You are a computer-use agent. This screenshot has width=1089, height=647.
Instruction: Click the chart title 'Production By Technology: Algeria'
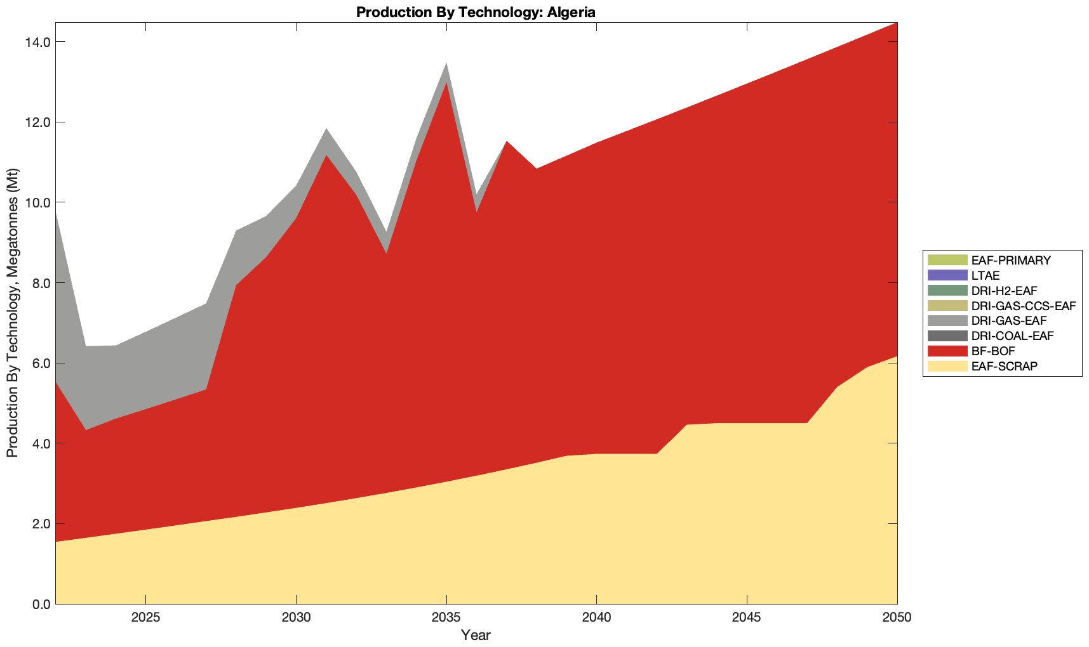(x=476, y=12)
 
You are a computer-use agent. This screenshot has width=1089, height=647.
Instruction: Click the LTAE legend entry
(x=985, y=276)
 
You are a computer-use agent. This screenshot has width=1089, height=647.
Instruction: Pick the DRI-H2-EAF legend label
(x=1004, y=291)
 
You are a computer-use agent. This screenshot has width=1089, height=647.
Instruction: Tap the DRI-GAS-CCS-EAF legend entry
(x=1023, y=306)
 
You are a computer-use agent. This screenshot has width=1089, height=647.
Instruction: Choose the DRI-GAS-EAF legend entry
(x=1008, y=321)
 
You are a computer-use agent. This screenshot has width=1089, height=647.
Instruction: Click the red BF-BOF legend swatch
(x=947, y=351)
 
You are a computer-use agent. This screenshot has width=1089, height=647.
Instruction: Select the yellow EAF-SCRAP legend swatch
(x=947, y=367)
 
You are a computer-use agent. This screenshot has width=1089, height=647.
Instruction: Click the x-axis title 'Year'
(x=476, y=635)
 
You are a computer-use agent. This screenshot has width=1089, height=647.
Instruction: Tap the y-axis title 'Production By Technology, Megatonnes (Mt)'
(x=13, y=313)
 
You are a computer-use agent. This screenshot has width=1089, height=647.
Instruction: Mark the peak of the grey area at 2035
(x=446, y=64)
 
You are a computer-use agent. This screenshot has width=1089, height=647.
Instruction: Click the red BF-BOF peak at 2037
(x=507, y=142)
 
